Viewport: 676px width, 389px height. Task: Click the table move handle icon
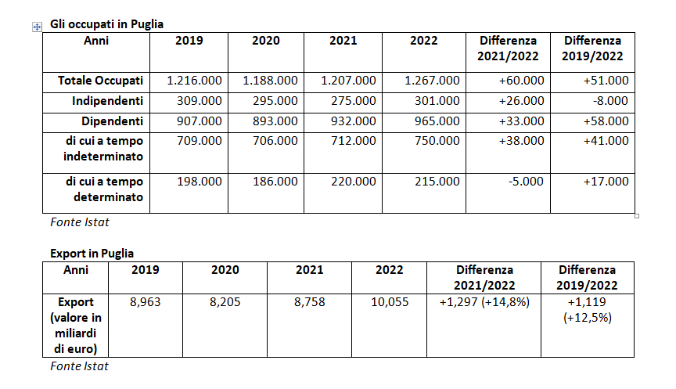[36, 27]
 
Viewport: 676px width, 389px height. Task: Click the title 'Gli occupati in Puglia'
[106, 25]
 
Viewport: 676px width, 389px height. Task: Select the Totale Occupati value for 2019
[195, 81]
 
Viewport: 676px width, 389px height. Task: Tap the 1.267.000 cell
[433, 81]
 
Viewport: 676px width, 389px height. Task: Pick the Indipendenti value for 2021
[348, 101]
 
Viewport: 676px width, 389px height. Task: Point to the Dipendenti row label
[112, 121]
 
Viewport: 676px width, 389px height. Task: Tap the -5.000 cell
[524, 182]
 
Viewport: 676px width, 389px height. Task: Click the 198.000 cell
[200, 182]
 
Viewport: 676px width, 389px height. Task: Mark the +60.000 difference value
[521, 81]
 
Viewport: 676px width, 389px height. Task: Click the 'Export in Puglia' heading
[92, 254]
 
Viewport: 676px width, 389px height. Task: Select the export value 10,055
[390, 302]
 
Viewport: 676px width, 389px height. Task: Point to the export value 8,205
[224, 302]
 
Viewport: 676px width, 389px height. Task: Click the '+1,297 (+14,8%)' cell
[484, 302]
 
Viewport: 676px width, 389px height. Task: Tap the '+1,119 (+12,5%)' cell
[588, 310]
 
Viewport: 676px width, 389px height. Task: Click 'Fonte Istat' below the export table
[79, 366]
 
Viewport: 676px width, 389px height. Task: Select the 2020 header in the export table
[225, 270]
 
